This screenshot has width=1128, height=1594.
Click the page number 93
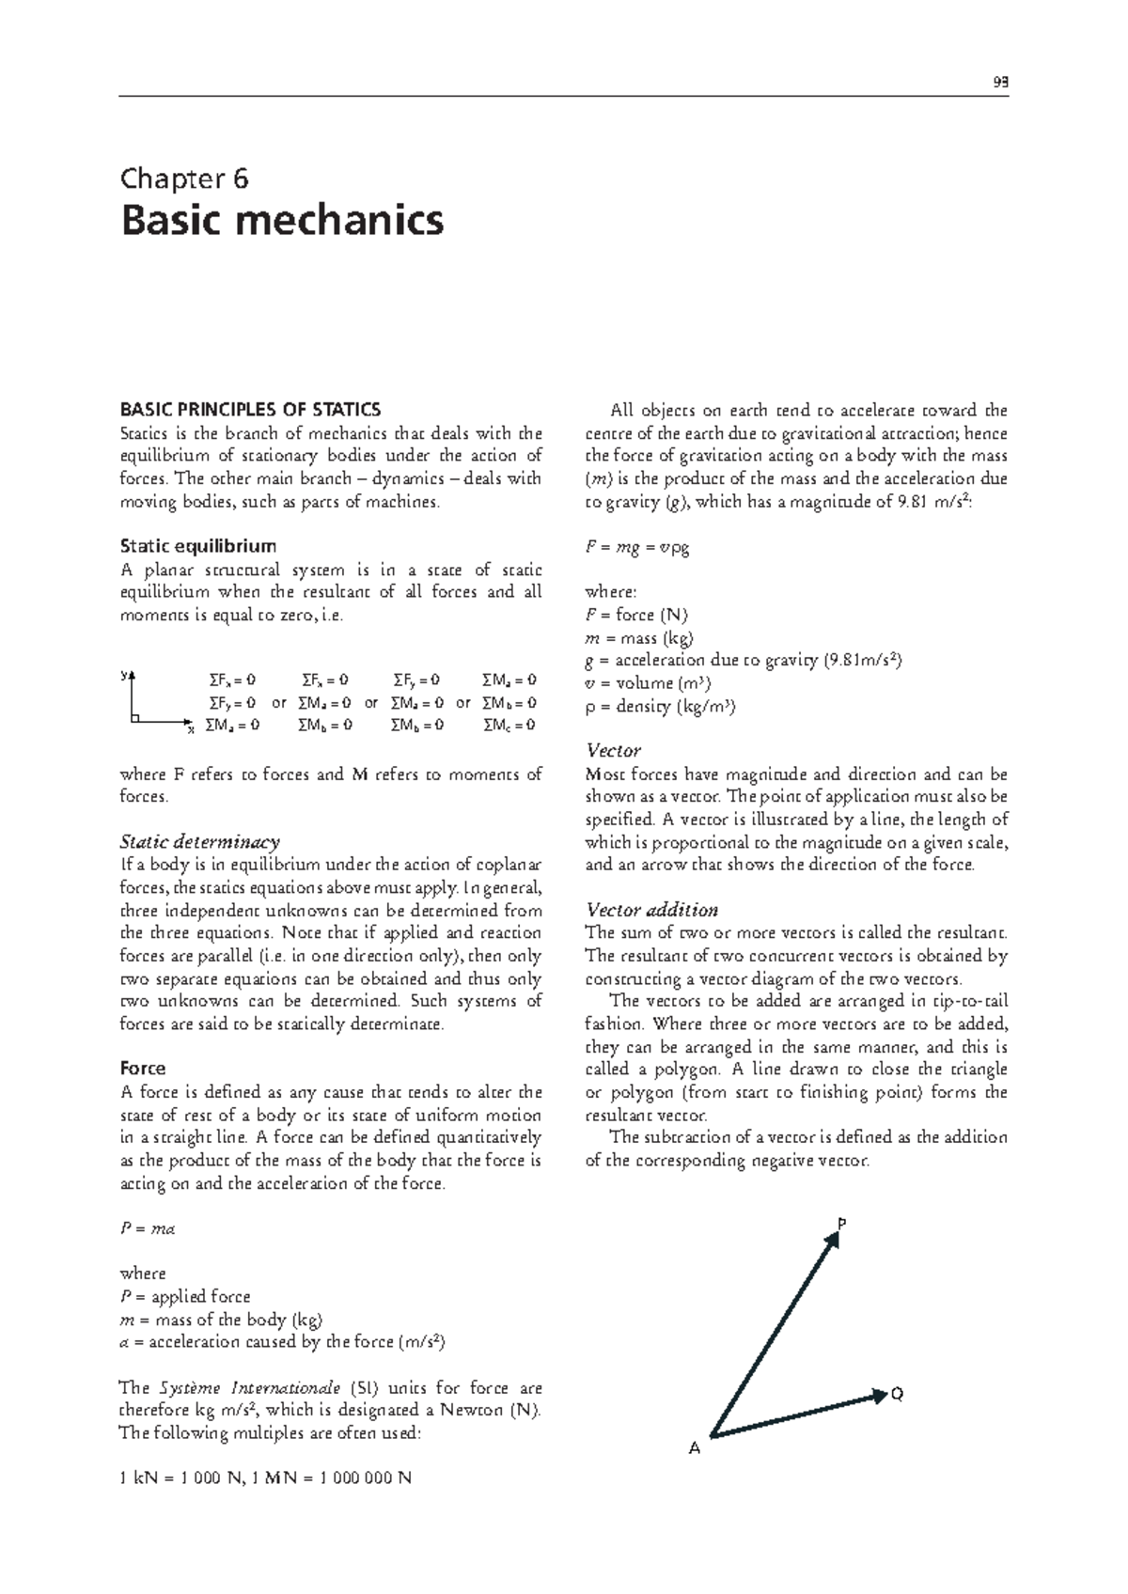coord(1001,81)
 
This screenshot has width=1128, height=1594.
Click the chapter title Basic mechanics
coord(281,222)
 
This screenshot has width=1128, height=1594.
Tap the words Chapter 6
coord(184,178)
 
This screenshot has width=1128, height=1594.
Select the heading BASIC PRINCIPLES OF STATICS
coord(251,410)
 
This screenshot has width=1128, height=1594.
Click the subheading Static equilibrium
coord(198,546)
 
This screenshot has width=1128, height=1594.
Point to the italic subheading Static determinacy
coord(200,841)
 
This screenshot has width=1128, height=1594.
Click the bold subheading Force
coord(143,1069)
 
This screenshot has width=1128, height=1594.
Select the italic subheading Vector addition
coord(651,910)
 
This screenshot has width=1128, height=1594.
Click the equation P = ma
coord(149,1228)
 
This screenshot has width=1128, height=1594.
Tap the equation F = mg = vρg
coord(637,547)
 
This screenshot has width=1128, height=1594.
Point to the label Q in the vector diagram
coord(897,1394)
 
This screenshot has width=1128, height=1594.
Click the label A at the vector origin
coord(695,1448)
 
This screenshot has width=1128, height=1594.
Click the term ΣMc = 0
coord(509,725)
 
